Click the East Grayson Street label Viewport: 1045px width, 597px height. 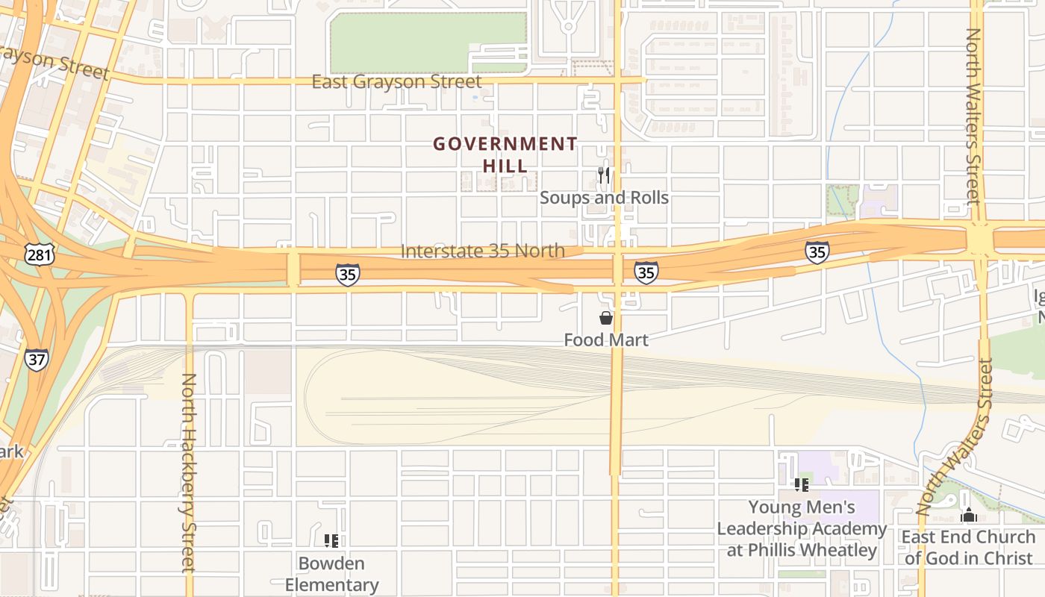[396, 81]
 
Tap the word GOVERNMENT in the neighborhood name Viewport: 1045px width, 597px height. [505, 144]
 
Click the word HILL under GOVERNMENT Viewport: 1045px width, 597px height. [505, 166]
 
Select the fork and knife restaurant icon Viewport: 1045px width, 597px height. [604, 175]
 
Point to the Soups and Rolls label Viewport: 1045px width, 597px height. [604, 198]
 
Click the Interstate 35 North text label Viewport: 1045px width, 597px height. [482, 251]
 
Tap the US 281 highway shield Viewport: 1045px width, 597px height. [39, 255]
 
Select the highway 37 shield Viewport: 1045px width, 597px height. [37, 359]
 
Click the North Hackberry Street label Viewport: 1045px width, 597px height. [188, 472]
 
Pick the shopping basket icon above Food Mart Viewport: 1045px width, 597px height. [606, 319]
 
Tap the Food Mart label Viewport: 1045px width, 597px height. [606, 340]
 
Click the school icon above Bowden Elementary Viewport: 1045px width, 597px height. [331, 541]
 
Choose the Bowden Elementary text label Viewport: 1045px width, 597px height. [331, 574]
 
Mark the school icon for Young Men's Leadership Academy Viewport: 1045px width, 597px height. [802, 485]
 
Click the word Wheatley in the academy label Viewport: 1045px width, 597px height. [840, 551]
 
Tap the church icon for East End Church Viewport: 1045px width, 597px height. [969, 515]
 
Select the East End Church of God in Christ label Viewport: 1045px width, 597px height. [969, 547]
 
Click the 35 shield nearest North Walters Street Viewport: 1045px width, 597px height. [817, 252]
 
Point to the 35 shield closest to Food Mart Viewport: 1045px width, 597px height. [646, 272]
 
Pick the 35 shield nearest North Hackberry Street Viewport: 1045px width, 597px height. [347, 274]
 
